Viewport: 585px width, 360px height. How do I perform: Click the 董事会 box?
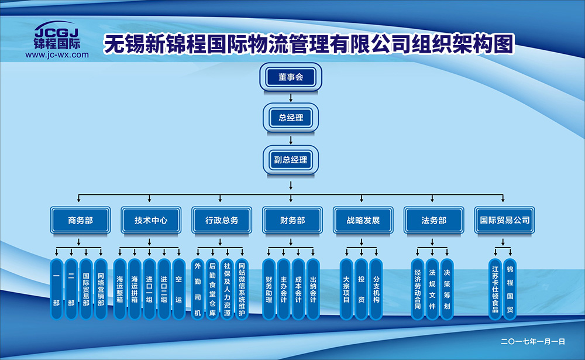pyautogui.click(x=291, y=77)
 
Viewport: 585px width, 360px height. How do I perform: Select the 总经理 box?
pyautogui.click(x=291, y=118)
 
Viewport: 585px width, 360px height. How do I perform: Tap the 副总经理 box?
pyautogui.click(x=291, y=160)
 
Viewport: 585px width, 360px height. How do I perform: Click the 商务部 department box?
pyautogui.click(x=80, y=220)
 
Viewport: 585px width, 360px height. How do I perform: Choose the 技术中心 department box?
pyautogui.click(x=150, y=220)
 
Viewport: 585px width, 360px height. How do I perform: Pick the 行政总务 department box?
pyautogui.click(x=221, y=220)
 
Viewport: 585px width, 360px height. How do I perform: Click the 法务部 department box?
pyautogui.click(x=433, y=220)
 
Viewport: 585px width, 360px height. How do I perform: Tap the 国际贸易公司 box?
pyautogui.click(x=504, y=220)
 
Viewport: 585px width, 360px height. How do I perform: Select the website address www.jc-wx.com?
pyautogui.click(x=57, y=54)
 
